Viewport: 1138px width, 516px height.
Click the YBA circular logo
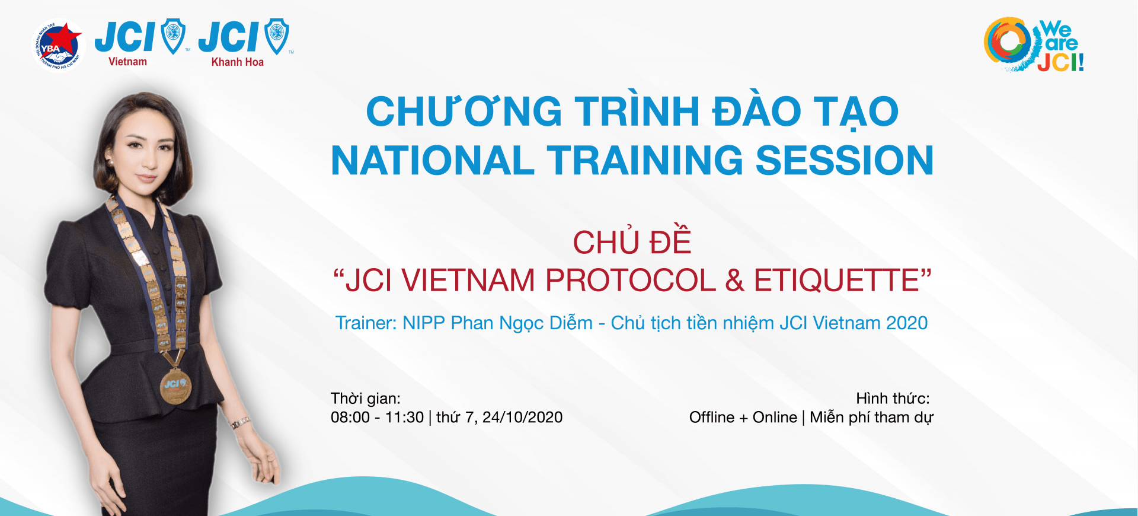(x=57, y=46)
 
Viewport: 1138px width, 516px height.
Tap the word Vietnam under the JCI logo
(x=127, y=62)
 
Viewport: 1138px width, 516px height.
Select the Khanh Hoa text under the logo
(x=238, y=62)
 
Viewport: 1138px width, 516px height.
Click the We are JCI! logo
(x=1034, y=44)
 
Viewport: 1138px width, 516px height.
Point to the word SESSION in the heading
(x=845, y=161)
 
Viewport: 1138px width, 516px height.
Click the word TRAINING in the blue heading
(x=644, y=161)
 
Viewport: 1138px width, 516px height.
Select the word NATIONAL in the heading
(x=433, y=161)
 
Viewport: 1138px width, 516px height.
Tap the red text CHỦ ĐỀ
(x=632, y=241)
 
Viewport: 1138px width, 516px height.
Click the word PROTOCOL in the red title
(x=631, y=281)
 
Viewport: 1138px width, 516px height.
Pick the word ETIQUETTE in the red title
(x=836, y=281)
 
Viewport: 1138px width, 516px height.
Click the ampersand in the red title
(x=735, y=281)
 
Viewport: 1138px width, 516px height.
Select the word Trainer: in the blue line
(x=366, y=323)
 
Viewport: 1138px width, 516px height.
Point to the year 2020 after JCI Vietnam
(x=907, y=323)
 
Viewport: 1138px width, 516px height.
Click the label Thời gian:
(x=366, y=399)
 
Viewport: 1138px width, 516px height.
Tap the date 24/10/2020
(x=522, y=418)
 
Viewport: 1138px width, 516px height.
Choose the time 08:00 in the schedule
(x=350, y=418)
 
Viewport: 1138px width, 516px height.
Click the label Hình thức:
(x=893, y=399)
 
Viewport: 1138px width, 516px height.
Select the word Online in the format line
(x=775, y=418)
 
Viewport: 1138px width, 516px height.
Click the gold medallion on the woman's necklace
(x=175, y=386)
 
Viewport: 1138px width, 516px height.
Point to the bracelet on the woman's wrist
(x=241, y=423)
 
